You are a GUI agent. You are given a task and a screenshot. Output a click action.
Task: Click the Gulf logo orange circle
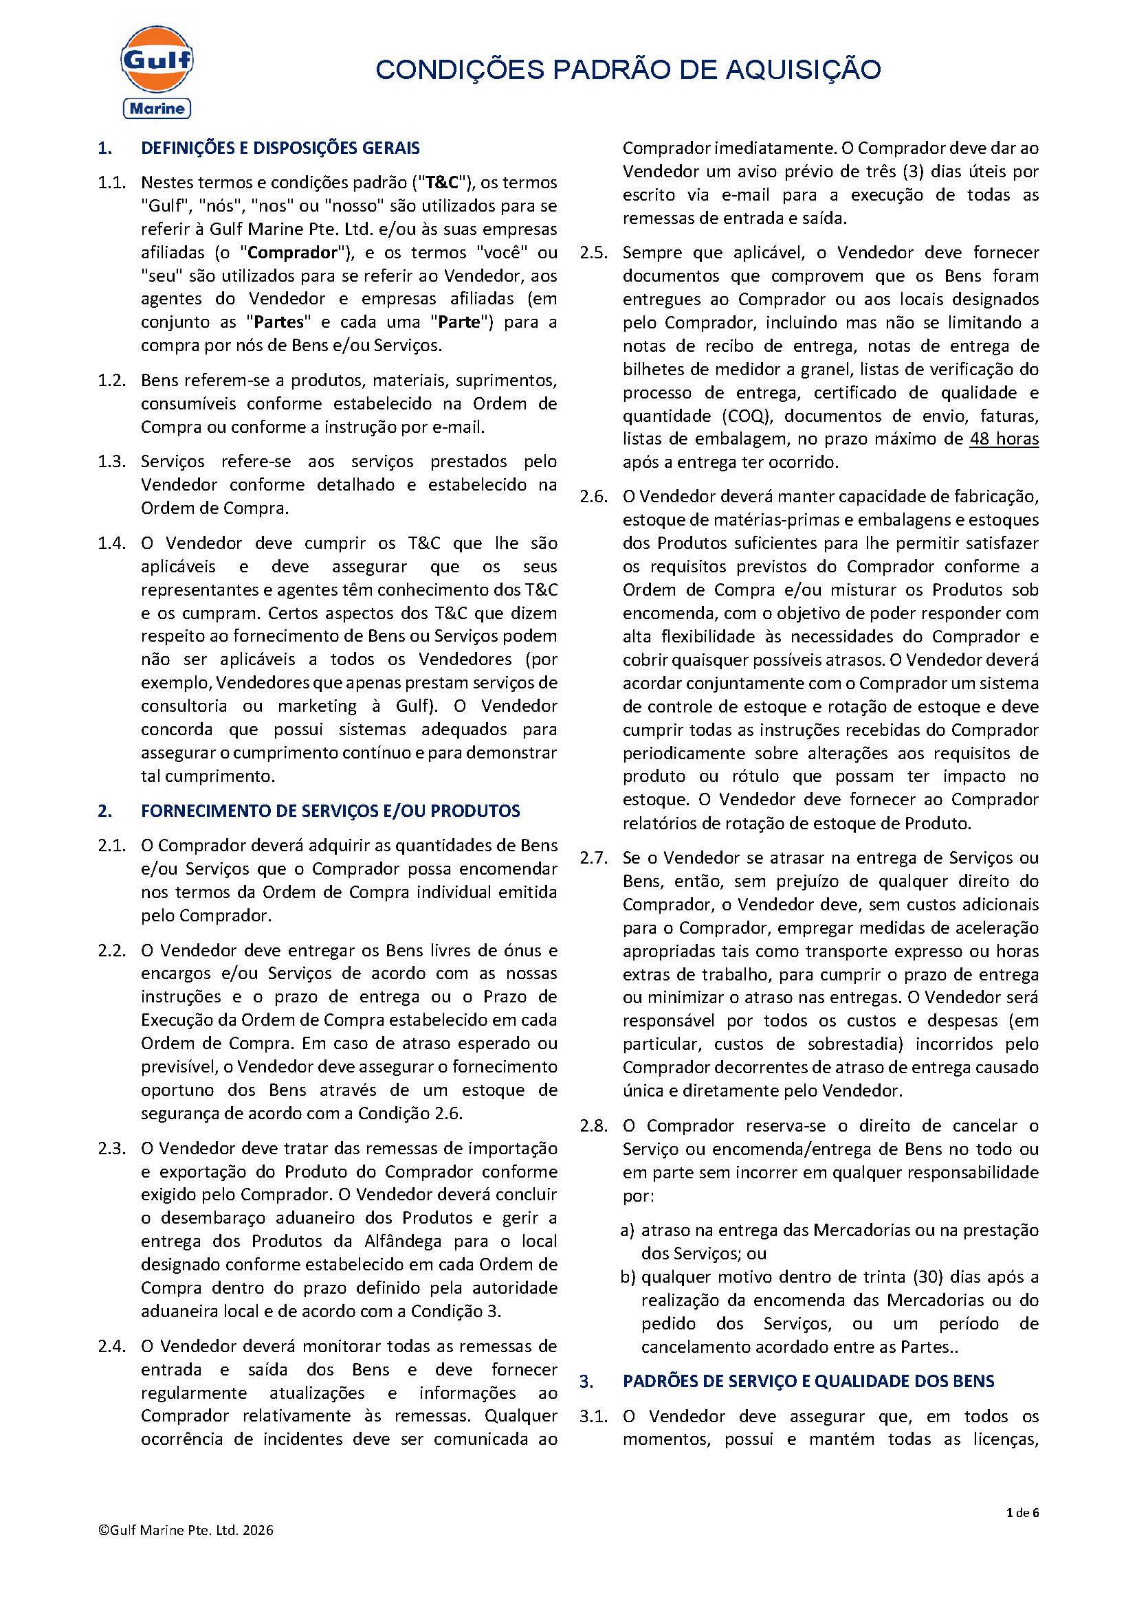click(x=157, y=60)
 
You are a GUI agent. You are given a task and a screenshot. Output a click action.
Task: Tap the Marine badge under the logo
click(x=157, y=109)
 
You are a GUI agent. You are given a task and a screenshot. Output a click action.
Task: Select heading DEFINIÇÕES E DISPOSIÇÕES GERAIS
click(x=280, y=148)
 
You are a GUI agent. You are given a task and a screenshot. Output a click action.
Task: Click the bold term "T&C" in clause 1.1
click(x=442, y=183)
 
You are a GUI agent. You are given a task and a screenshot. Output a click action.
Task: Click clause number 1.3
click(x=111, y=462)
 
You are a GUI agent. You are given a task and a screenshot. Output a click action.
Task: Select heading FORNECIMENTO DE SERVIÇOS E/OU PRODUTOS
click(x=331, y=811)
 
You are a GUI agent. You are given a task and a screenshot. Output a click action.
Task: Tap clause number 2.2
click(x=111, y=951)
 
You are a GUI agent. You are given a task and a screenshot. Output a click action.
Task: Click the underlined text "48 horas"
click(x=1003, y=440)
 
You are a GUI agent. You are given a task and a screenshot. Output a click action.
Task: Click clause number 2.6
click(x=593, y=497)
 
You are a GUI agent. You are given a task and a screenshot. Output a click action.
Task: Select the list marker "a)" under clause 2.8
click(x=628, y=1230)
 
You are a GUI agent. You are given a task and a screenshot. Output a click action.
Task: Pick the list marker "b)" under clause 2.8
click(x=628, y=1277)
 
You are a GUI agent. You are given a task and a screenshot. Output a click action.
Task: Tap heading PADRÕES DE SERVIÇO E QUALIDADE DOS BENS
click(x=808, y=1382)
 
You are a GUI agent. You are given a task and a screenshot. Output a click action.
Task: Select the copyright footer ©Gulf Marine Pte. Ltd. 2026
click(x=186, y=1530)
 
